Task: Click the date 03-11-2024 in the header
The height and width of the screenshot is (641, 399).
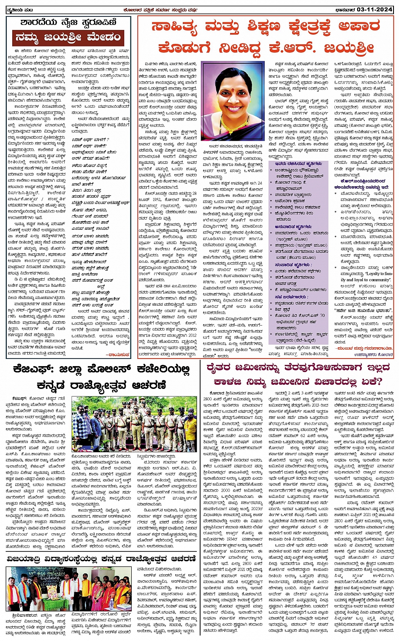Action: (375, 9)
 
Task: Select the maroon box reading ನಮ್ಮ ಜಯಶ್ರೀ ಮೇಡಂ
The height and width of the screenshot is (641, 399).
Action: (68, 38)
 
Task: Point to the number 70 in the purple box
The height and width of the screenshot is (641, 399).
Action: (322, 315)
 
